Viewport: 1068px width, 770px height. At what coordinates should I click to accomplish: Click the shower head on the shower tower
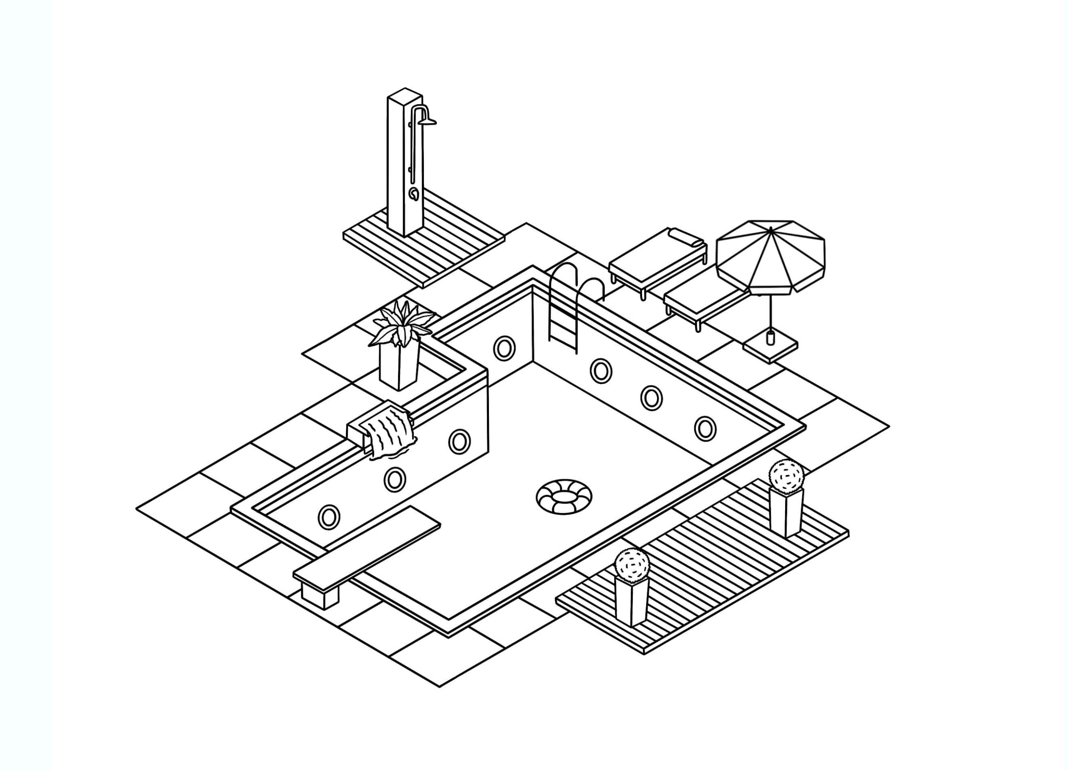(427, 122)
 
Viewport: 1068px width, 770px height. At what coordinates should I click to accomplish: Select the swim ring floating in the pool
(564, 496)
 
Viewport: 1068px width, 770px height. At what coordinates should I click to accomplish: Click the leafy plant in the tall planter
(401, 325)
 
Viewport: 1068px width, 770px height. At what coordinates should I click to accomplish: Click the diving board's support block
(319, 596)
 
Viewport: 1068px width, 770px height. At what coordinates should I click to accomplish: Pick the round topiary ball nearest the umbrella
(786, 475)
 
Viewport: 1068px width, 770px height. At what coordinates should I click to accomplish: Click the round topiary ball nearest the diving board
(632, 565)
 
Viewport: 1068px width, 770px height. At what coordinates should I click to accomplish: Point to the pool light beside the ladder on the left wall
(504, 348)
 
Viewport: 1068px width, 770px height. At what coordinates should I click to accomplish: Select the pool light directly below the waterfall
(395, 479)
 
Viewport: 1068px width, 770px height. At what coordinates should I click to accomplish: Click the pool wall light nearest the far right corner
(705, 428)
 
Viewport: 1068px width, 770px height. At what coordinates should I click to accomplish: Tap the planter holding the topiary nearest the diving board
(631, 601)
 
